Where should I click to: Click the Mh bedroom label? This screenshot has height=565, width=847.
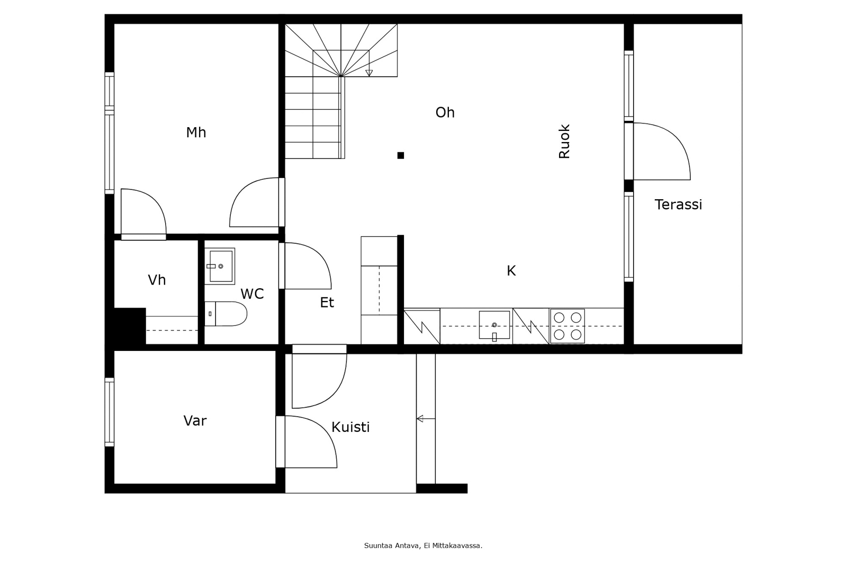[x=196, y=133]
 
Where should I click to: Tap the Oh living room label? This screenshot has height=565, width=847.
[x=445, y=112]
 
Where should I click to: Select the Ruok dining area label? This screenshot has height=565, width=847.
[x=564, y=142]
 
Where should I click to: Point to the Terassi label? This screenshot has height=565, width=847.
[x=678, y=205]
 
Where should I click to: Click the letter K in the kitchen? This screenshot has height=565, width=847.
[x=511, y=271]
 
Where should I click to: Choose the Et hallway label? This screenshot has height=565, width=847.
[x=327, y=303]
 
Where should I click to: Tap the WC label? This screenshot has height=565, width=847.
[x=252, y=294]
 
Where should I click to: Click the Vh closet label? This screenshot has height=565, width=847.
[x=157, y=280]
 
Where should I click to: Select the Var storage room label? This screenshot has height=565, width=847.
[x=195, y=421]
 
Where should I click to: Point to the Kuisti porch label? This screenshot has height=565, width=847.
[x=350, y=427]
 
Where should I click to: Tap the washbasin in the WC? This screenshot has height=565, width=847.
[x=220, y=266]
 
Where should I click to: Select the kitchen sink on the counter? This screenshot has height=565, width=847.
[x=494, y=325]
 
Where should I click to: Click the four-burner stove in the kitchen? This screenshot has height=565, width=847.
[x=567, y=326]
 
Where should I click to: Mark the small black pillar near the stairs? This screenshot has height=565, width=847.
[x=401, y=155]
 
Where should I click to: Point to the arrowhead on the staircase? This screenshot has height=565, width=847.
[x=369, y=73]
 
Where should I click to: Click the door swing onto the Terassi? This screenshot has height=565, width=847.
[x=662, y=152]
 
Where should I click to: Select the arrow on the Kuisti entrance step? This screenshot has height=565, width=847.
[x=421, y=419]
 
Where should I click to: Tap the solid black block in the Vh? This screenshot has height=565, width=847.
[x=128, y=325]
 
